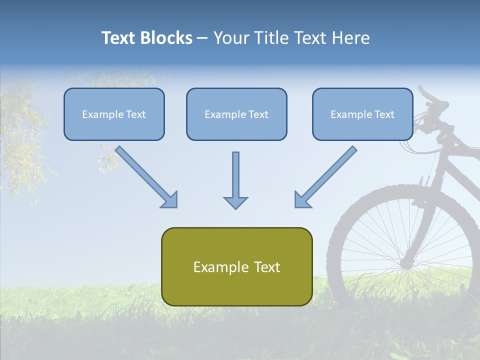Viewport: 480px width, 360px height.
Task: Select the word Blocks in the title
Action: pyautogui.click(x=166, y=38)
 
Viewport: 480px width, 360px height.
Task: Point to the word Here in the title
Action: pyautogui.click(x=352, y=38)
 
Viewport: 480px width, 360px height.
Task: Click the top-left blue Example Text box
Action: pyautogui.click(x=114, y=114)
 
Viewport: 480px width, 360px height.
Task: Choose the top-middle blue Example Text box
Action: pyautogui.click(x=236, y=114)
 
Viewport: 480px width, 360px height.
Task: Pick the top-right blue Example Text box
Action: pyautogui.click(x=362, y=114)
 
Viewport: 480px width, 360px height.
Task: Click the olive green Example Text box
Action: pyautogui.click(x=236, y=266)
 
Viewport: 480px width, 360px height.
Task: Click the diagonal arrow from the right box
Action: pyautogui.click(x=326, y=176)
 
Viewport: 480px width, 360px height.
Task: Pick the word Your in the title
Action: pyautogui.click(x=231, y=38)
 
